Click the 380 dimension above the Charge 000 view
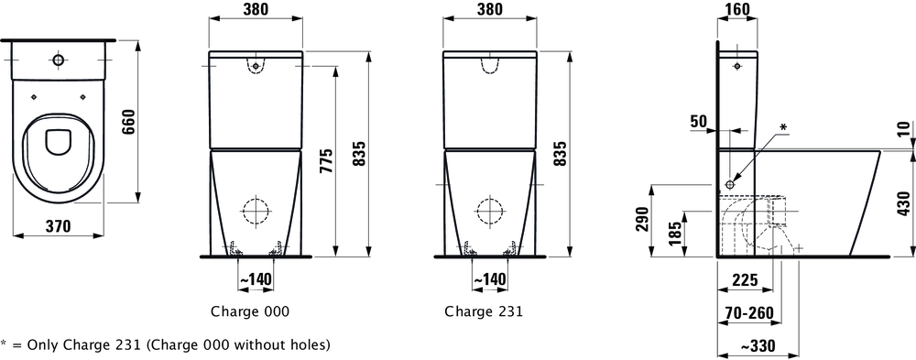(256, 11)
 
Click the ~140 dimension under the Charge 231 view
(489, 278)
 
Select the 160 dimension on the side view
(736, 11)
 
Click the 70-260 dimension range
(747, 312)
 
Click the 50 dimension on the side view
(698, 122)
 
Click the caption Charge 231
(484, 311)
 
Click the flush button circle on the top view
(59, 60)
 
